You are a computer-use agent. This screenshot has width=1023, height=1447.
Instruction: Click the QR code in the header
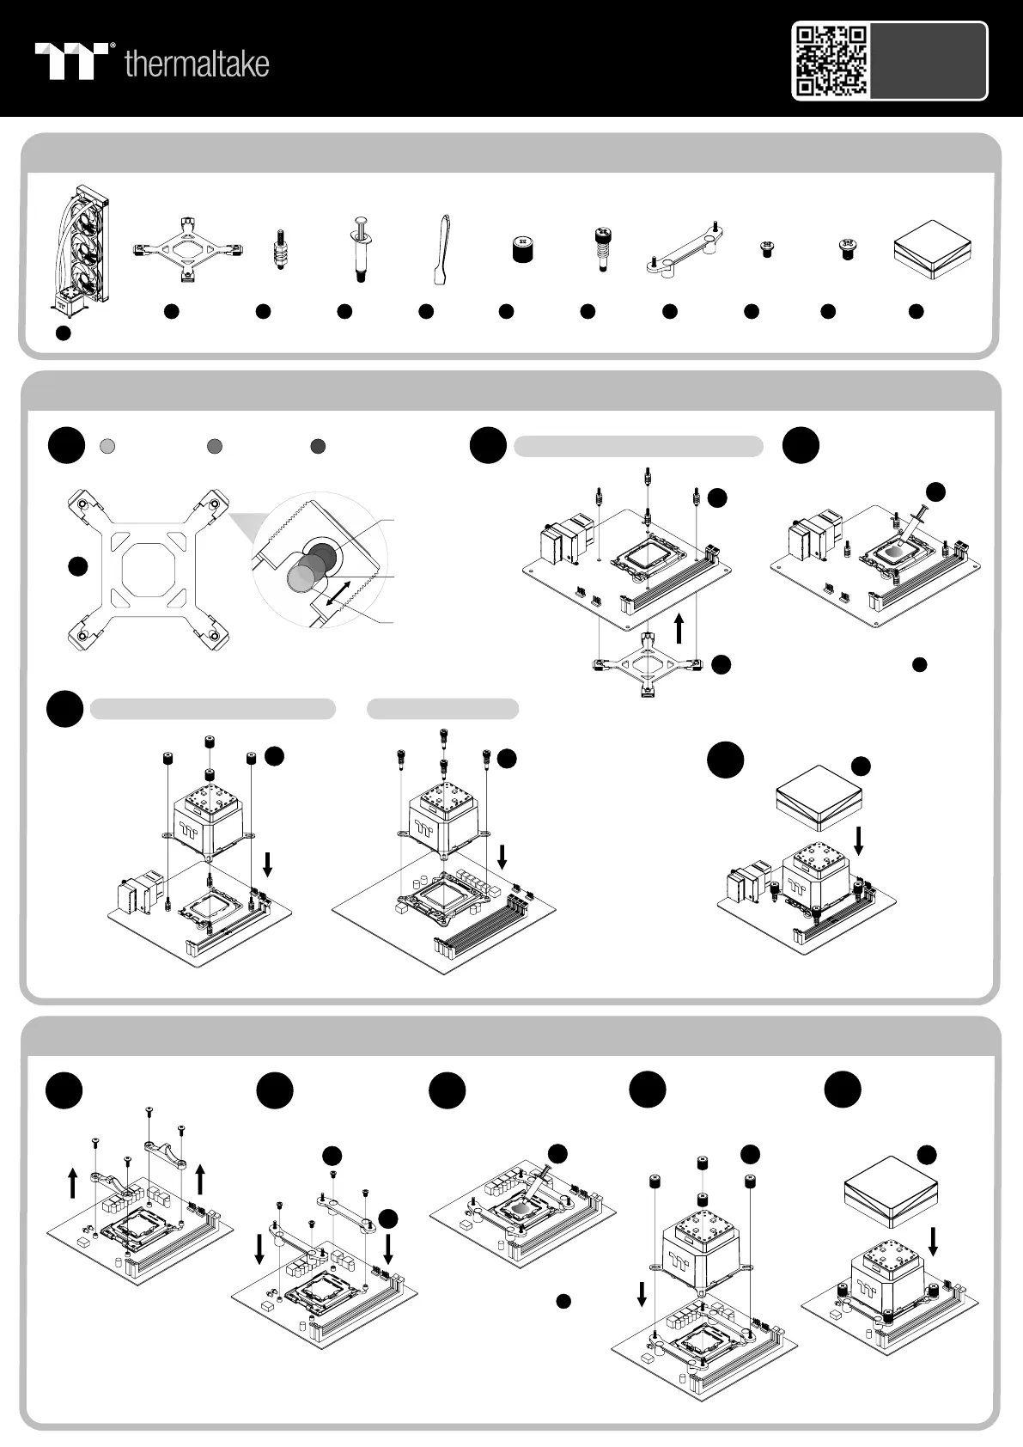click(x=831, y=61)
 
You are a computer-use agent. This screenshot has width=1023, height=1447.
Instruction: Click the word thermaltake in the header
click(x=197, y=64)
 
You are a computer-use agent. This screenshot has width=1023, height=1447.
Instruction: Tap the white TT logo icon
click(x=71, y=61)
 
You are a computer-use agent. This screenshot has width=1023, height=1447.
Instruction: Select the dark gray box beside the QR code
click(x=928, y=61)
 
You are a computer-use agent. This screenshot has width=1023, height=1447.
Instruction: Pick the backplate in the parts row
click(x=188, y=249)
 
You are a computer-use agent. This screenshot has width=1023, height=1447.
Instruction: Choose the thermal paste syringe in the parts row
click(x=361, y=248)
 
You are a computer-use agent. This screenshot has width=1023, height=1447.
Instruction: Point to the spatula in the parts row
click(x=441, y=250)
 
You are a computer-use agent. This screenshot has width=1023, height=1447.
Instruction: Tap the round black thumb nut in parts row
click(x=522, y=249)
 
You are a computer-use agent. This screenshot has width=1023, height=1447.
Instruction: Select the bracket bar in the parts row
click(x=684, y=248)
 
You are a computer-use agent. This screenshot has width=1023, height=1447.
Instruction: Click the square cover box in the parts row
click(x=933, y=248)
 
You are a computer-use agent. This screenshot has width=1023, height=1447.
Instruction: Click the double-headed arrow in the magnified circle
click(x=339, y=594)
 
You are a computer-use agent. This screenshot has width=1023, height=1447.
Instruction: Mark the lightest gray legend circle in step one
click(x=108, y=446)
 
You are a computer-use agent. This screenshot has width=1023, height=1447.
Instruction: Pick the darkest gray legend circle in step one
click(x=318, y=446)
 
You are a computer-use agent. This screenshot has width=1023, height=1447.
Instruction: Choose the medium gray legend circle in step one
click(x=215, y=446)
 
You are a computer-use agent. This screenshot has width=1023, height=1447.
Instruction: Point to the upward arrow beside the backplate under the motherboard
click(x=678, y=628)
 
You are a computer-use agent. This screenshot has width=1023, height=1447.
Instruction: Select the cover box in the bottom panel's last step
click(x=891, y=1192)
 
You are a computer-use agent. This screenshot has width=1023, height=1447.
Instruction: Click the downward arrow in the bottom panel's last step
click(x=933, y=1242)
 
